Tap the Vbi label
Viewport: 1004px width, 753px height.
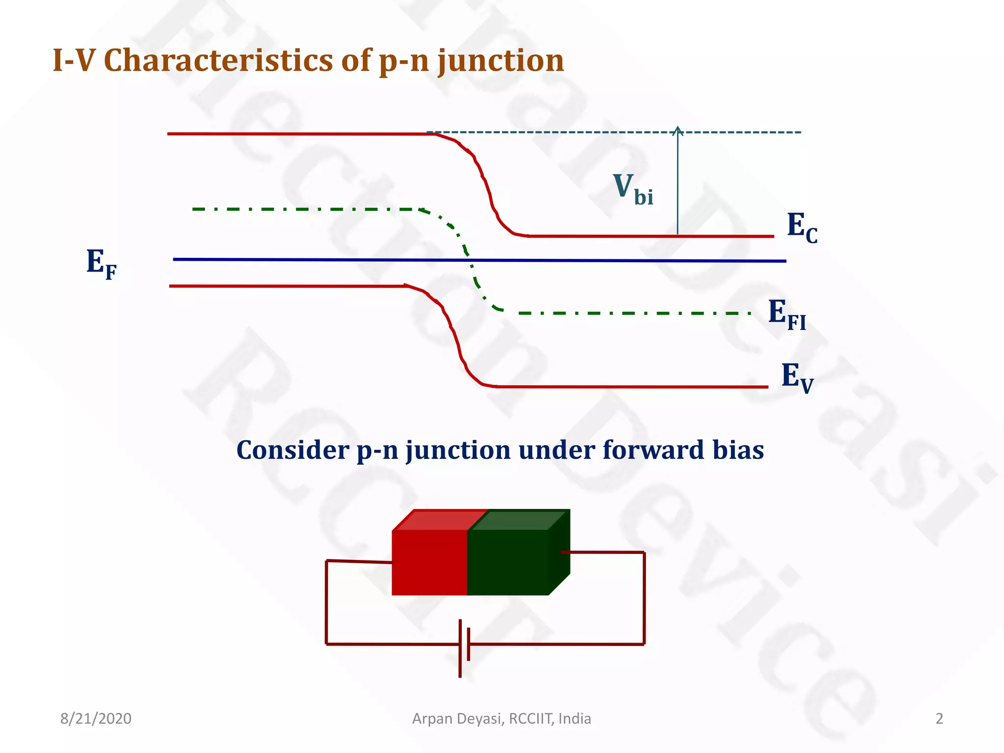[x=632, y=189]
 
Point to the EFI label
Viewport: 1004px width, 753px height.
[x=786, y=314]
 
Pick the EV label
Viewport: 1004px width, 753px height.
[x=796, y=377]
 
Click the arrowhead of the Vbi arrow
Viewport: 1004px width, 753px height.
[x=678, y=130]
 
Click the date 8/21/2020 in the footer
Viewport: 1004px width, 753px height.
[x=96, y=719]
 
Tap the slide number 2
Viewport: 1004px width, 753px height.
[x=939, y=719]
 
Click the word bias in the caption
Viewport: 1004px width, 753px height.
[x=738, y=450]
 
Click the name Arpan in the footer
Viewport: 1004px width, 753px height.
[x=433, y=719]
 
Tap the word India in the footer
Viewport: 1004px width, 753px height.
[x=575, y=719]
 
